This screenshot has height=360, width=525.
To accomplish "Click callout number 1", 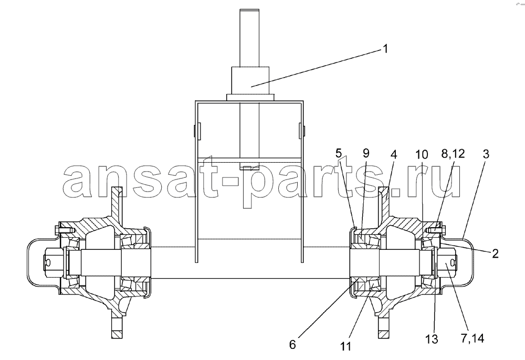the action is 385,49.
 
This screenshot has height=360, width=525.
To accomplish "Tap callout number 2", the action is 495,253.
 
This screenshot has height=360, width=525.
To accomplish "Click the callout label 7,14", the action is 472,338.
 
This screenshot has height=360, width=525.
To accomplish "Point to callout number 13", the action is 432,339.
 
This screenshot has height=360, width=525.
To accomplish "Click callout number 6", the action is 292,345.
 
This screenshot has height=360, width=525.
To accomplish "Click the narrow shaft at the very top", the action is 249,37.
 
